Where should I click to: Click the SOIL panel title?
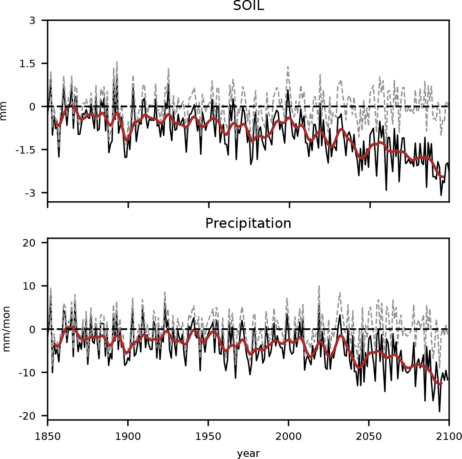coord(248,6)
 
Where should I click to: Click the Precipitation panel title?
coord(248,224)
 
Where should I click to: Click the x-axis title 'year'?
coord(248,453)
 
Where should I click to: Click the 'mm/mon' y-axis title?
coord(6,329)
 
